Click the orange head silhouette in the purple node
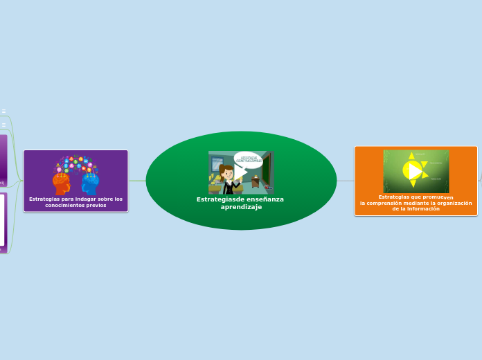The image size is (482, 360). pos(62,183)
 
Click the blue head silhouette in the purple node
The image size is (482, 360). pos(90,183)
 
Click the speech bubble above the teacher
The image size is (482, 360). pos(248,160)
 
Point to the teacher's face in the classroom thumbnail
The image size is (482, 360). pos(226,171)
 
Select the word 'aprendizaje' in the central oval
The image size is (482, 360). pos(241,207)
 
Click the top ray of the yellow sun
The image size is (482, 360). pos(412,156)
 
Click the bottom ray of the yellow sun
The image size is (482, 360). pos(413,184)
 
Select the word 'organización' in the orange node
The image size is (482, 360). pos(454,203)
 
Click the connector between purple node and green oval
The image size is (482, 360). pos(137,181)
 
